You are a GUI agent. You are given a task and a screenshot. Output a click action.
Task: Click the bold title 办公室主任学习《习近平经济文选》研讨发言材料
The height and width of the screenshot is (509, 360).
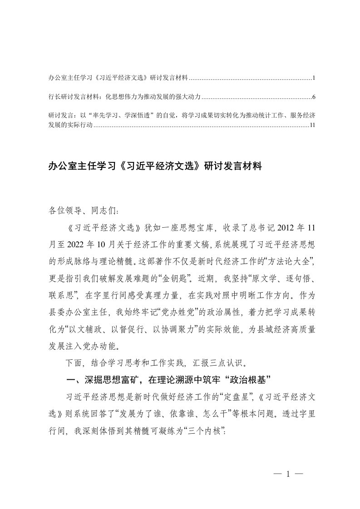pos(155,166)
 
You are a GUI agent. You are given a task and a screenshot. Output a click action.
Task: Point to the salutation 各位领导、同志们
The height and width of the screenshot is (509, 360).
pos(84,211)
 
